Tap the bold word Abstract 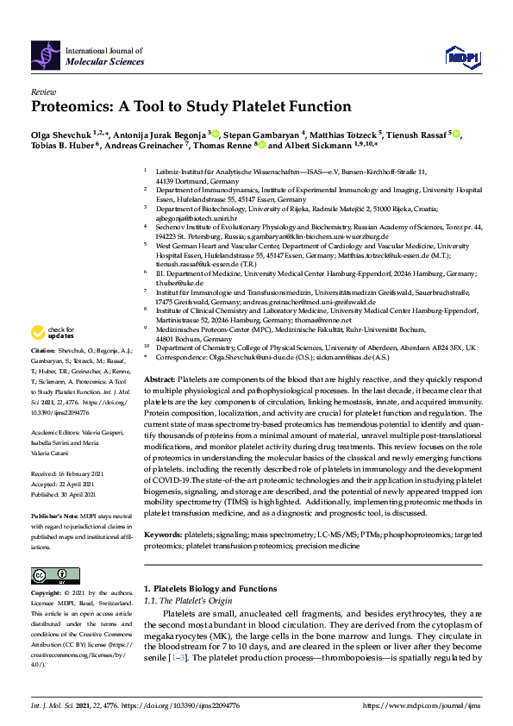(x=160, y=379)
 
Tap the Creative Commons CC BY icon (x=49, y=575)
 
